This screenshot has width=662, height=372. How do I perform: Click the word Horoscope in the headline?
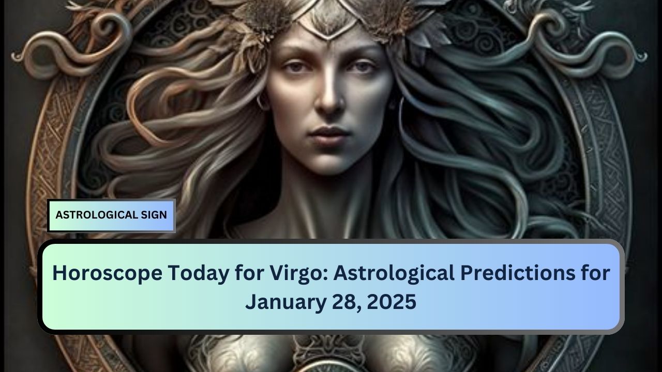(x=107, y=273)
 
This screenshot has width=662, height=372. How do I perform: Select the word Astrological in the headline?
(x=394, y=274)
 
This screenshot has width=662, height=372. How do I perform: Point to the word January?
(x=286, y=302)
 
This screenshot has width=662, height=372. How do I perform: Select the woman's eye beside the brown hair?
(x=295, y=68)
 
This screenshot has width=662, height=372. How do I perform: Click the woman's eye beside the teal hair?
(x=363, y=68)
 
